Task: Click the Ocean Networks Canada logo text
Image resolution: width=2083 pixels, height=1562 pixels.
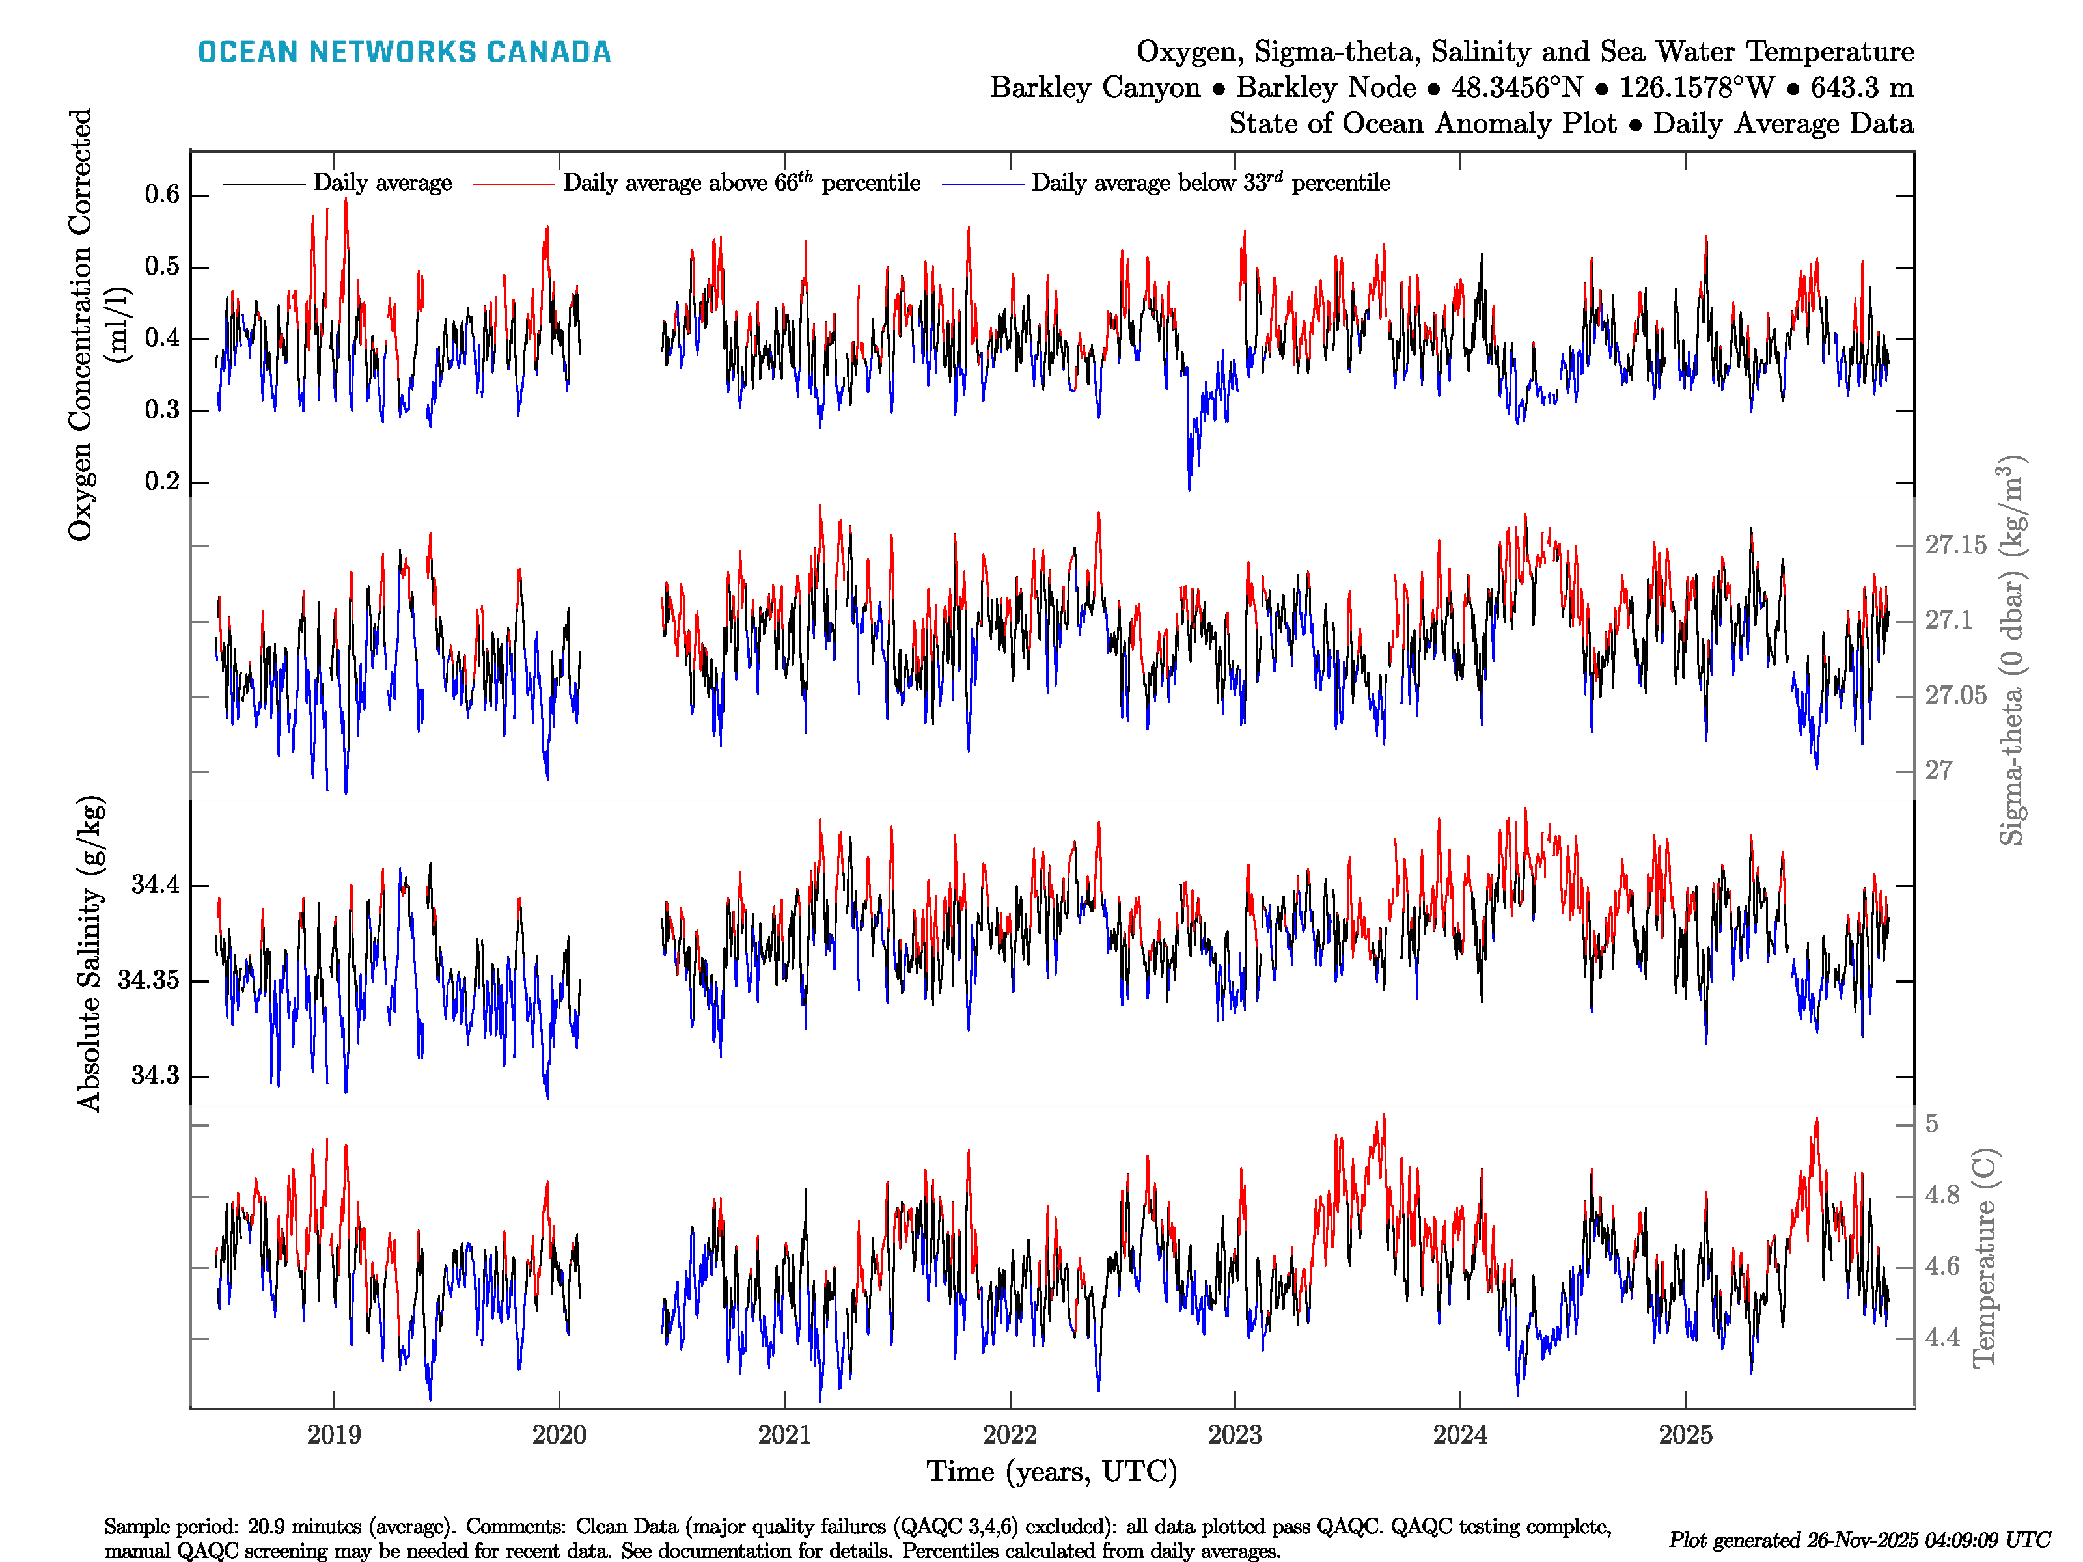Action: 404,52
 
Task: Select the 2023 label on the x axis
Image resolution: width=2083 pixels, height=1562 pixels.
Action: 1235,1435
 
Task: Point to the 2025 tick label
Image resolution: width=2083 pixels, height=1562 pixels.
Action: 1685,1435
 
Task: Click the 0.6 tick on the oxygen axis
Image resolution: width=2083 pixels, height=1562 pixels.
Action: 162,195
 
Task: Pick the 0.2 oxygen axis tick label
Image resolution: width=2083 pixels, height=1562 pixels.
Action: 162,481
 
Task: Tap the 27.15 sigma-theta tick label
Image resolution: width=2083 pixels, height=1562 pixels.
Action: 1955,545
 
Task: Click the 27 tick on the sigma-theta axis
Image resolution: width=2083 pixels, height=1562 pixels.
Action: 1938,770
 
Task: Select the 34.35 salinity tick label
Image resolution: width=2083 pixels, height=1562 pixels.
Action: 148,980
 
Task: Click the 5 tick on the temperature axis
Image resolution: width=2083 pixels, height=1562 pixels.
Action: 1931,1124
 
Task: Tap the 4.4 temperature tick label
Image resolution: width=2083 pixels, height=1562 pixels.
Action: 1942,1337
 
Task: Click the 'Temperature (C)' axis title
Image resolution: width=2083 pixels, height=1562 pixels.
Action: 1983,1257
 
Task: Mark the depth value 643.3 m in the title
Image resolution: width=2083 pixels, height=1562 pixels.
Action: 1862,88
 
